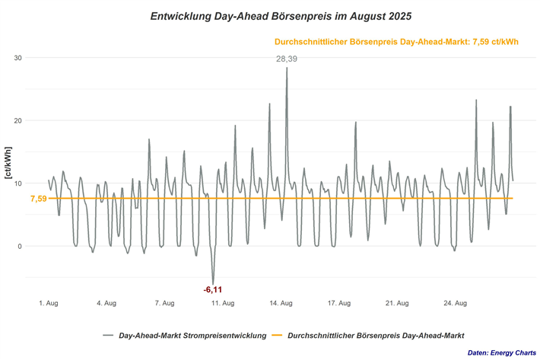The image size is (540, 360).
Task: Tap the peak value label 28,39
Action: tap(287, 59)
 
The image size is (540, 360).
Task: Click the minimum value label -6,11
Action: tap(213, 289)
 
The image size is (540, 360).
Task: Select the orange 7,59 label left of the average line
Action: tap(38, 199)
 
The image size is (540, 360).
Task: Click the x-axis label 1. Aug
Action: tap(48, 304)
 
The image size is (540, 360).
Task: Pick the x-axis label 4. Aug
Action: tap(106, 304)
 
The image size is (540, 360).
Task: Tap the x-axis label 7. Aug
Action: tap(164, 304)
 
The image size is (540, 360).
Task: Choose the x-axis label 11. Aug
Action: tap(222, 304)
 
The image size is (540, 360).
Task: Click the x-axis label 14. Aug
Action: tap(281, 304)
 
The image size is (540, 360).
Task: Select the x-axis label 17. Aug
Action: tap(338, 304)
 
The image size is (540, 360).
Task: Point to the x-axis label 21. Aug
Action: tap(397, 304)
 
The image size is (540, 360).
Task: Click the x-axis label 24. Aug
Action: tap(455, 304)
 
